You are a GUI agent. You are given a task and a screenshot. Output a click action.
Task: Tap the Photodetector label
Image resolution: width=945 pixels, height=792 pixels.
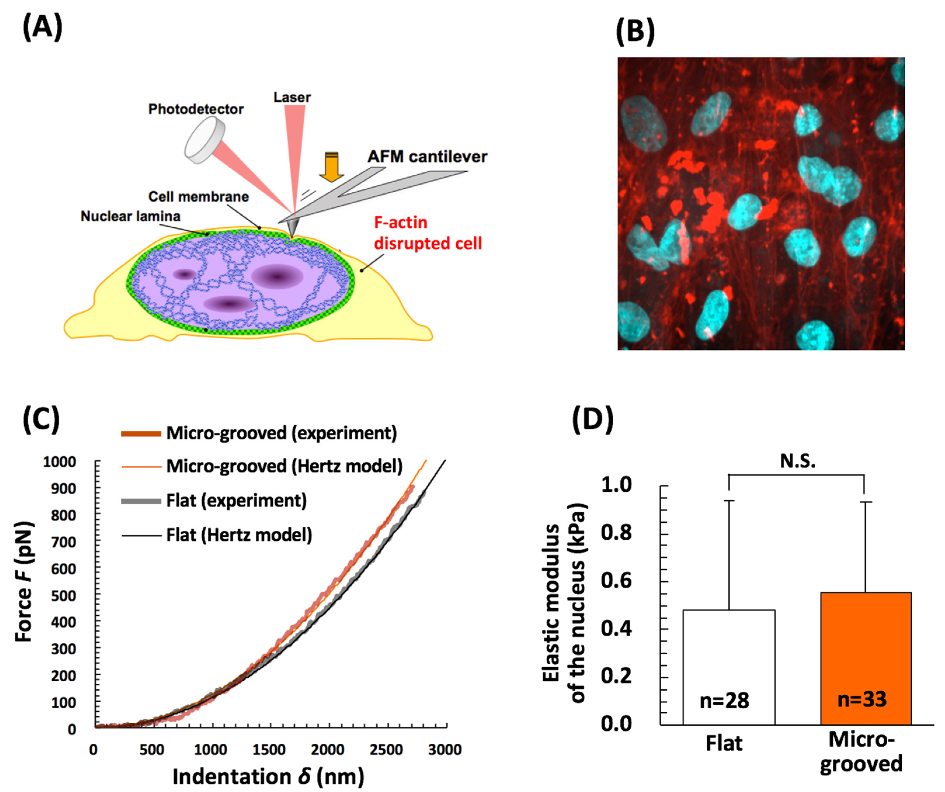tap(196, 110)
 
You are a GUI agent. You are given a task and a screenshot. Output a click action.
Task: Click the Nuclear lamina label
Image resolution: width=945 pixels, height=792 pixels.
tap(130, 216)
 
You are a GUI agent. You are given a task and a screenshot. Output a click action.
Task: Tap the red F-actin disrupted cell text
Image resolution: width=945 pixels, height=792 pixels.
tap(427, 233)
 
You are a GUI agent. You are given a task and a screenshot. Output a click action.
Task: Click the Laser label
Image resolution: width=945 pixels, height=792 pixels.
tap(292, 97)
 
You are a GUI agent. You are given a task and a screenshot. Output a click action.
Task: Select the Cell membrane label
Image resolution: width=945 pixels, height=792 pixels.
tap(199, 197)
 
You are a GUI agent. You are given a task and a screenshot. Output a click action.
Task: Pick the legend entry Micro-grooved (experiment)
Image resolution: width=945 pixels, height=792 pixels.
tap(281, 433)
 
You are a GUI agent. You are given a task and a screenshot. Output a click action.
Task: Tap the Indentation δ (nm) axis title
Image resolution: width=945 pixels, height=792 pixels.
tap(268, 777)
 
